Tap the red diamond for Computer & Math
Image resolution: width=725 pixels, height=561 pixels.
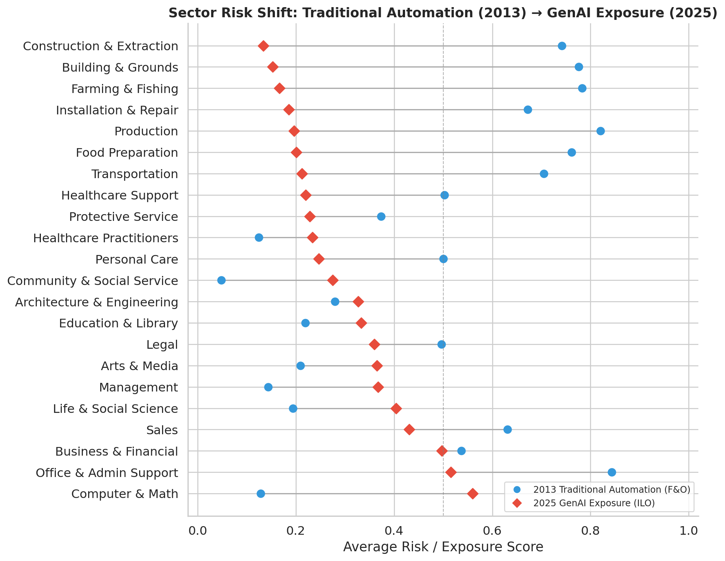(473, 493)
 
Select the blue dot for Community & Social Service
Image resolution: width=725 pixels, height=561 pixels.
(221, 280)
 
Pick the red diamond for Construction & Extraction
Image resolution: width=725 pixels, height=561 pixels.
(263, 46)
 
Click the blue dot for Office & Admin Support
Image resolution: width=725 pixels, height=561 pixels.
(612, 472)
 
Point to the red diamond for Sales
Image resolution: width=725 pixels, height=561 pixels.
(409, 430)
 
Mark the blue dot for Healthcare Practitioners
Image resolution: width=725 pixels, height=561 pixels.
(259, 238)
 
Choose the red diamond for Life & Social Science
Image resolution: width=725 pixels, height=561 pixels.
(396, 408)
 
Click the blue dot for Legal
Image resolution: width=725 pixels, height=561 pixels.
(441, 345)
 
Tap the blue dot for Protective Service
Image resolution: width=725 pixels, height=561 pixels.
(381, 217)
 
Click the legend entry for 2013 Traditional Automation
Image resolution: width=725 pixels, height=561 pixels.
(611, 489)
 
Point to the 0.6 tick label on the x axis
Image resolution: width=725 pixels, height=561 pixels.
(492, 531)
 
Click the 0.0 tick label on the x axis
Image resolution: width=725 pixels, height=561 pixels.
(198, 531)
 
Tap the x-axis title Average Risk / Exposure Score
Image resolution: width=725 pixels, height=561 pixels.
(443, 547)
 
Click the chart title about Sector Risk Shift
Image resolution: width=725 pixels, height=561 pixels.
(443, 13)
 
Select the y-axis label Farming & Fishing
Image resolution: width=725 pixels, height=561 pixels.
(125, 89)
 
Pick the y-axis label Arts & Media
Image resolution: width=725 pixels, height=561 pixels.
(139, 366)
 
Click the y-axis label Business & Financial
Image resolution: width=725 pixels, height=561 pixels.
(116, 451)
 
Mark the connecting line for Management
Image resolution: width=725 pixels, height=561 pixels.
(323, 387)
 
